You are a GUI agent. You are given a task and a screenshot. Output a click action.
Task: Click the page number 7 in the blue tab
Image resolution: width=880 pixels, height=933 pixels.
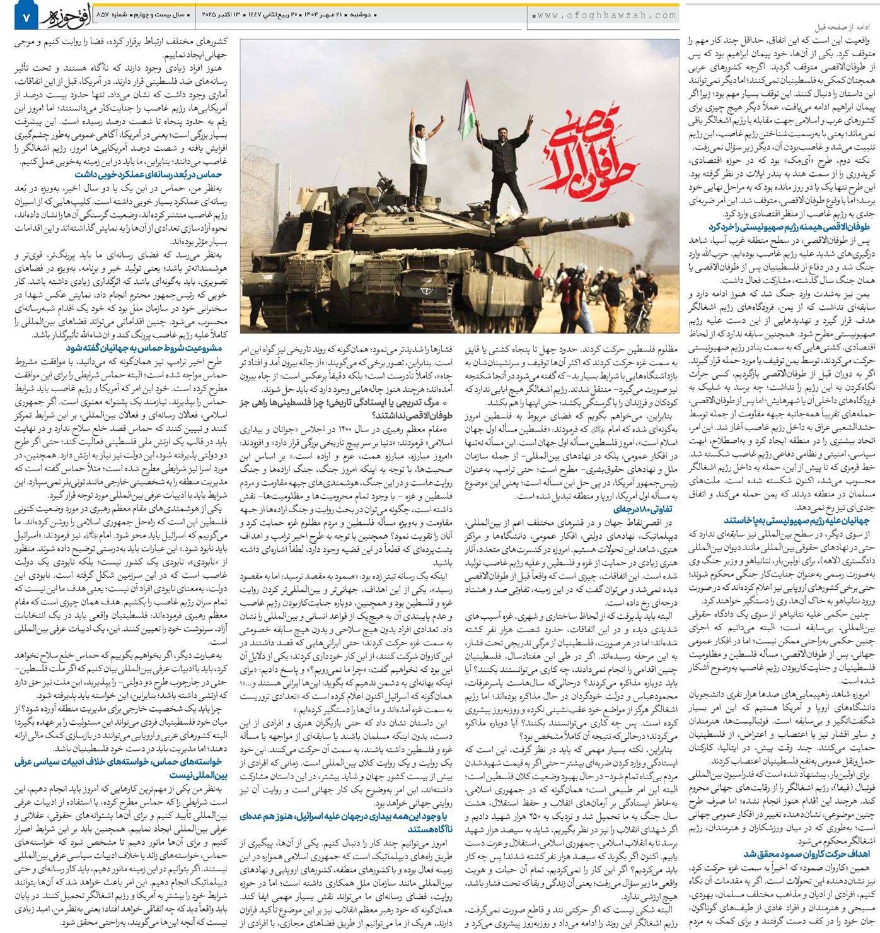click(x=26, y=20)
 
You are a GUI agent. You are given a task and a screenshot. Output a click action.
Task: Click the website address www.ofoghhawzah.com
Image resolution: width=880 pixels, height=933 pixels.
click(x=605, y=15)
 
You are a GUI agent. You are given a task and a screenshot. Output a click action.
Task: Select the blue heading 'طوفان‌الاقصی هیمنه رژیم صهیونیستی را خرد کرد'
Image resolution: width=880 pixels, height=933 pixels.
click(x=789, y=226)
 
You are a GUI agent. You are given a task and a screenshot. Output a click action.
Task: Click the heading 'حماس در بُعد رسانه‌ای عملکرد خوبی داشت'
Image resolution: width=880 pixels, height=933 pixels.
click(x=148, y=174)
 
